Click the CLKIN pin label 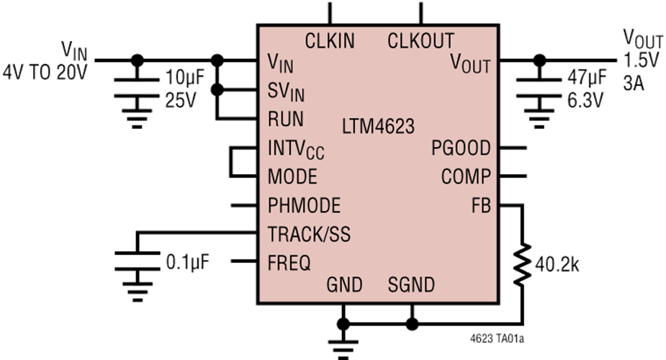pyautogui.click(x=330, y=41)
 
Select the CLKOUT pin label pyautogui.click(x=420, y=41)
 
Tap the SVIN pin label pyautogui.click(x=286, y=91)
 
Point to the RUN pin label pyautogui.click(x=285, y=119)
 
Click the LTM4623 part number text pyautogui.click(x=378, y=128)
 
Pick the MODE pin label pyautogui.click(x=292, y=177)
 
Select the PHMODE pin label pyautogui.click(x=303, y=205)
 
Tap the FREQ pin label pyautogui.click(x=289, y=263)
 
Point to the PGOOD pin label pyautogui.click(x=461, y=149)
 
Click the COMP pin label pyautogui.click(x=465, y=177)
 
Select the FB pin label pyautogui.click(x=480, y=205)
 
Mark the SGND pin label pyautogui.click(x=411, y=285)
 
